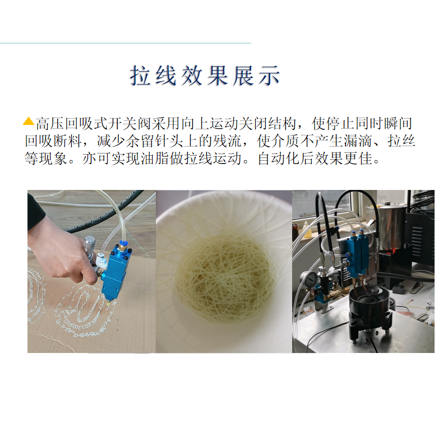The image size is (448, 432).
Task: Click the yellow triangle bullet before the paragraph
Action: coord(29,122)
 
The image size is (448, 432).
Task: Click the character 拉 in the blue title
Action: coord(141,76)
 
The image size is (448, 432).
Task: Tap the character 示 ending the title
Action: coord(269,76)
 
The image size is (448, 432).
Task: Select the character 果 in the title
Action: coord(218,76)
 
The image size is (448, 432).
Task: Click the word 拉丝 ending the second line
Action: coord(401,141)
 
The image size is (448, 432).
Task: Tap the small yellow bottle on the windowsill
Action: coord(307,229)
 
